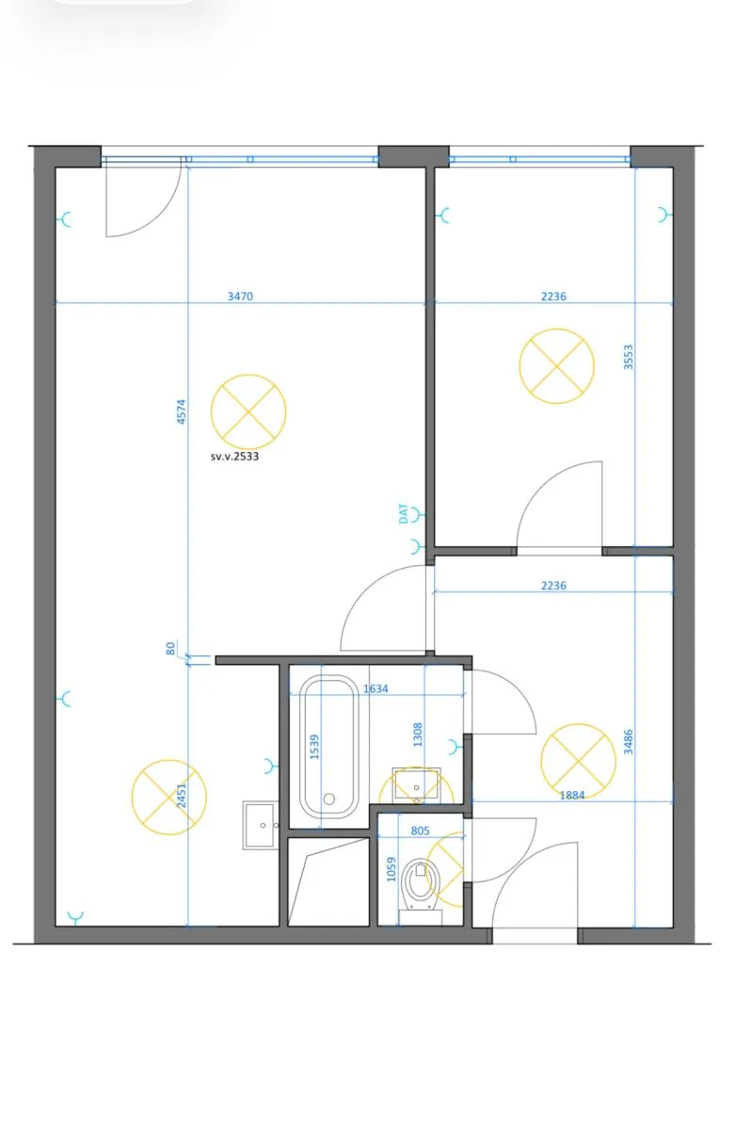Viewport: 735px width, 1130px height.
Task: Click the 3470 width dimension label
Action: (x=240, y=296)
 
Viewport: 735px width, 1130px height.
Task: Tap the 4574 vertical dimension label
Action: (x=182, y=412)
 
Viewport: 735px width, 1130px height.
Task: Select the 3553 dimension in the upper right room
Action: (x=628, y=357)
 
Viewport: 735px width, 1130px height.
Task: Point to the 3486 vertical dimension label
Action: (x=628, y=742)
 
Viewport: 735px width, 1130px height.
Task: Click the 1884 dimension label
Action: (x=572, y=795)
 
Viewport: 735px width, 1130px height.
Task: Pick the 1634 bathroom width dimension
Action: (x=375, y=688)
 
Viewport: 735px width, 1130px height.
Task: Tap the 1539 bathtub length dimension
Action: (x=314, y=747)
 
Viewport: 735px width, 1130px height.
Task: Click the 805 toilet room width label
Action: (x=420, y=831)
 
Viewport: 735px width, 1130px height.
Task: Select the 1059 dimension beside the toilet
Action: (x=391, y=869)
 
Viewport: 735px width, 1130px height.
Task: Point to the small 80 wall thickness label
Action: (x=170, y=648)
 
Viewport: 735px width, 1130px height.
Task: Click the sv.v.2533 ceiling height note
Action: (x=234, y=457)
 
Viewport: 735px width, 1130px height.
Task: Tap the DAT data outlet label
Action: (x=404, y=513)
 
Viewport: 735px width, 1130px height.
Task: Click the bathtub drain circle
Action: (x=329, y=799)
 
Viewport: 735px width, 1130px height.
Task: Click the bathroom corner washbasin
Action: (x=416, y=785)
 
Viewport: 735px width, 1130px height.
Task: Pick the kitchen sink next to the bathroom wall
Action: (x=260, y=825)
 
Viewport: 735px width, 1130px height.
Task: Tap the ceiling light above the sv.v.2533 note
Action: (x=248, y=412)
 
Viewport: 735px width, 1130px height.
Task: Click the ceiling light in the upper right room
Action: (x=556, y=366)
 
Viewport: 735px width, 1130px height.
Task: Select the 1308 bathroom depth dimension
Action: (x=418, y=734)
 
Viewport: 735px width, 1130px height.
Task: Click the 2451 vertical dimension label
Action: (x=182, y=795)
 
